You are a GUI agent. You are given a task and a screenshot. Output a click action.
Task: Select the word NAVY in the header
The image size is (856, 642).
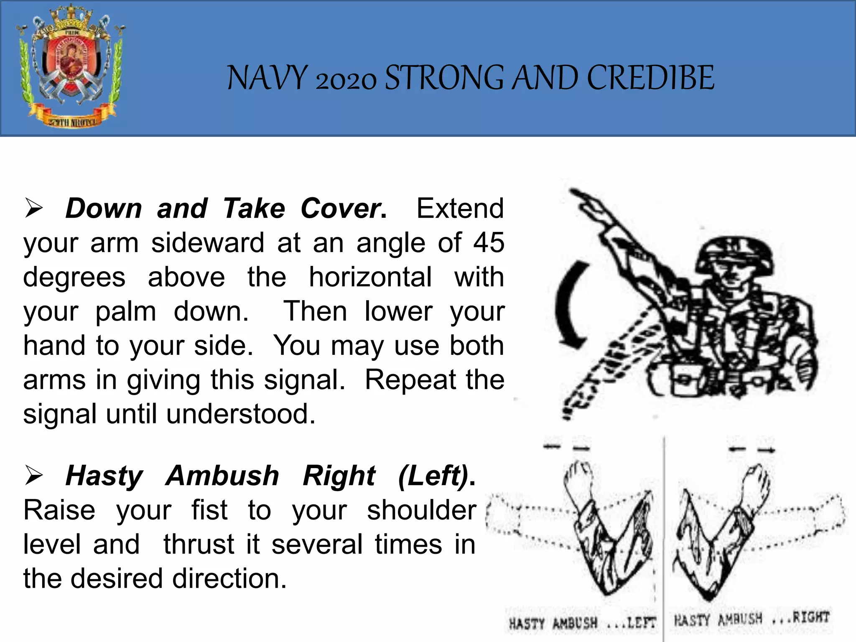pyautogui.click(x=267, y=78)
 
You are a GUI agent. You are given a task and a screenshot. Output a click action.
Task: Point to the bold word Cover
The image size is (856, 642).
pyautogui.click(x=343, y=208)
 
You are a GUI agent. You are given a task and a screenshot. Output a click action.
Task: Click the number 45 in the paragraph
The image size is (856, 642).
pyautogui.click(x=489, y=242)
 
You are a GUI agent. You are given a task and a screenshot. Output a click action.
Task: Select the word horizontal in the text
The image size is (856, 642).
pyautogui.click(x=370, y=277)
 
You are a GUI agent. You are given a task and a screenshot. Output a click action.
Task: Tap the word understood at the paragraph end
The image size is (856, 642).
pyautogui.click(x=240, y=414)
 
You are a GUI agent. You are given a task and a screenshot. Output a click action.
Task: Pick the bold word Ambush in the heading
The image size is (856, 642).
pyautogui.click(x=222, y=476)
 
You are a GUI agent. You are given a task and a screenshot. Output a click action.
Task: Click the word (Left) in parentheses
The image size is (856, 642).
pyautogui.click(x=435, y=476)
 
